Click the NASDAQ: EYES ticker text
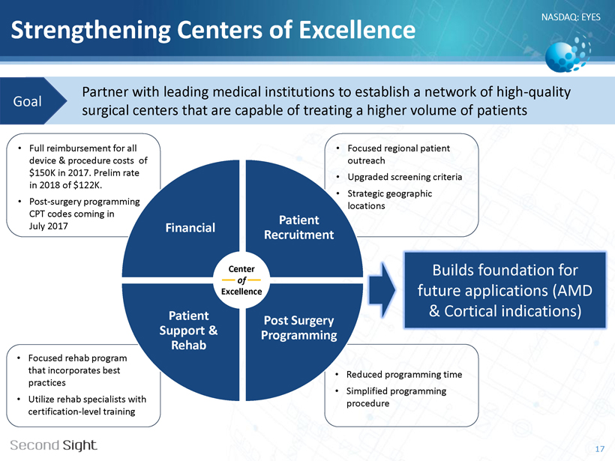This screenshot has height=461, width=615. [x=571, y=16]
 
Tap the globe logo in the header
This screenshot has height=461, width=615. [x=568, y=53]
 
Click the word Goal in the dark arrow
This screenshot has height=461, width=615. [x=28, y=101]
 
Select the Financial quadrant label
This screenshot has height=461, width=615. [x=190, y=227]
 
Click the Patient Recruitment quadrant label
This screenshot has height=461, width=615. [x=298, y=227]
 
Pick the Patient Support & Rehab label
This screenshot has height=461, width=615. [x=189, y=330]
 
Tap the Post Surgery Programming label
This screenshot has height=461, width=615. [x=298, y=328]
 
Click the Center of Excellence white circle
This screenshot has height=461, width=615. [x=241, y=280]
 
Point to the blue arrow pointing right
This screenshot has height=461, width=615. [x=382, y=290]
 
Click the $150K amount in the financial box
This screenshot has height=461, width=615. [x=41, y=173]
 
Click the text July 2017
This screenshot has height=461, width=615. [x=48, y=226]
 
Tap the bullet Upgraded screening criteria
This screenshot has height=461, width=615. [x=405, y=177]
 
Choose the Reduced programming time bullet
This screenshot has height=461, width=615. [x=404, y=374]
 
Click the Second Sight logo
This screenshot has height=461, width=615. [x=53, y=445]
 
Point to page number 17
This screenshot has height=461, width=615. [x=600, y=449]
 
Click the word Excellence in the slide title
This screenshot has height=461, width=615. [x=357, y=30]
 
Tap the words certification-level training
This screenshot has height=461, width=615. [x=82, y=412]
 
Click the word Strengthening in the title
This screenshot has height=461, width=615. [x=91, y=31]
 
